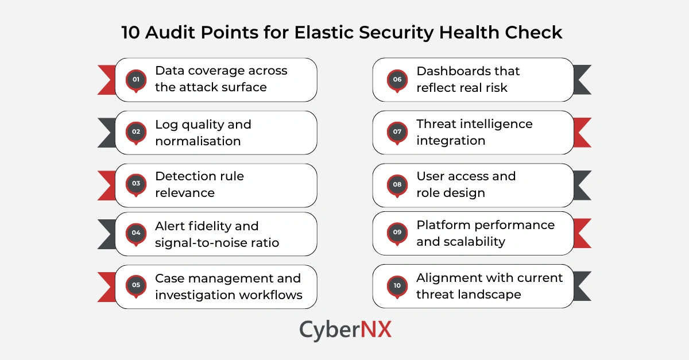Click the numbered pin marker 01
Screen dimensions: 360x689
136,80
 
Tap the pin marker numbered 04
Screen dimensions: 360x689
136,233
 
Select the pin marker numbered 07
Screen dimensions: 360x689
397,132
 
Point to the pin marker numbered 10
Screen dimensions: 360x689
397,286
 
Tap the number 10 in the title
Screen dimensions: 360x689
131,33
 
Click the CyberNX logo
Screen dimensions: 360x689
345,330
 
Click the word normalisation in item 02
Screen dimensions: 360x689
198,141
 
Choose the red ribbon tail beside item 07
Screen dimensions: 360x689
583,132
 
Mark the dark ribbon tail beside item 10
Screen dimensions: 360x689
583,286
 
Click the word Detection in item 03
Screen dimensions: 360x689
183,176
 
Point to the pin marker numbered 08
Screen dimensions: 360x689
397,185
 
